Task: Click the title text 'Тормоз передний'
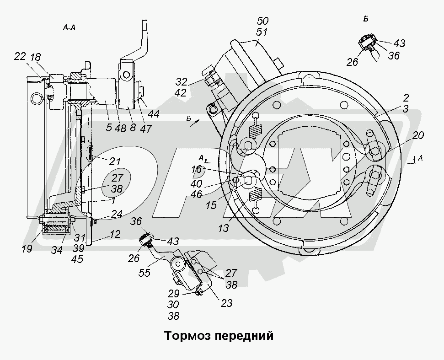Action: (219, 336)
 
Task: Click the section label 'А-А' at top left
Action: (70, 28)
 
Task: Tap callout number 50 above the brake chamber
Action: (263, 21)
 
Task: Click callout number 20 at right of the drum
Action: (418, 135)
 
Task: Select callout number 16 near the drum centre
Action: (196, 169)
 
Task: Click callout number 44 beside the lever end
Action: (154, 114)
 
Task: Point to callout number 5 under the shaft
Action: (108, 128)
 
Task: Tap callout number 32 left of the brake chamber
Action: (182, 82)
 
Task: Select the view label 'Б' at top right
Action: (366, 19)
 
